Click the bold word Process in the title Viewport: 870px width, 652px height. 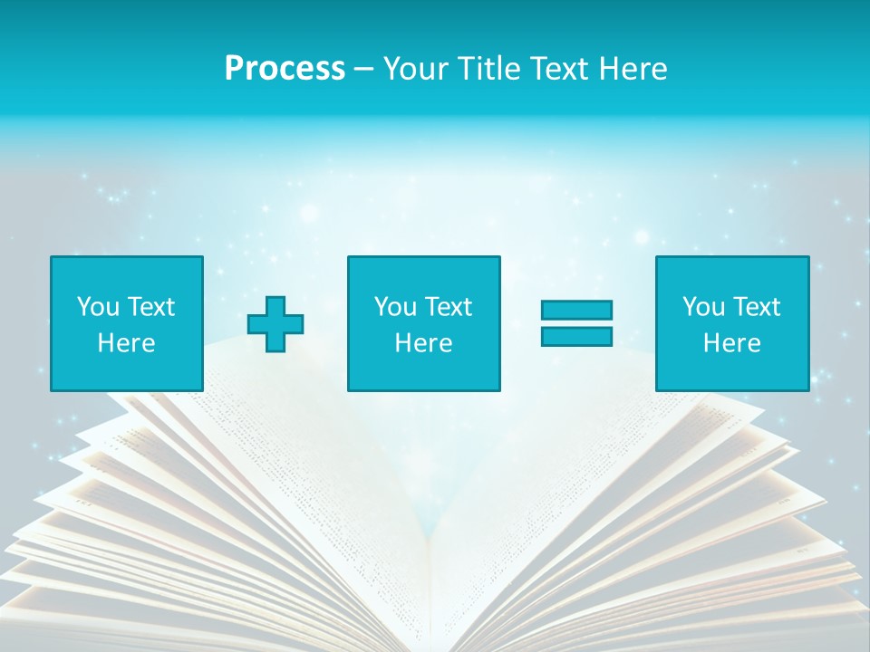(x=285, y=69)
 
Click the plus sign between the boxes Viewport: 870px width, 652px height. (x=275, y=324)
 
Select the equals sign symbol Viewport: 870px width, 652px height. (x=576, y=323)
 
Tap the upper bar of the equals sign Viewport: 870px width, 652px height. (x=576, y=311)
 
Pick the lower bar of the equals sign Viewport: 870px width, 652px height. (x=576, y=337)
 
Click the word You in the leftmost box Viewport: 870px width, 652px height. (x=98, y=307)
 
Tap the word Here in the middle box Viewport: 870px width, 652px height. (x=424, y=343)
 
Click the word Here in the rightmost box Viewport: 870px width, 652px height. (x=732, y=343)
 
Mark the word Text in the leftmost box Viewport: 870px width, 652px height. (x=150, y=307)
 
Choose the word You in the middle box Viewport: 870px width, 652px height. (x=395, y=307)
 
